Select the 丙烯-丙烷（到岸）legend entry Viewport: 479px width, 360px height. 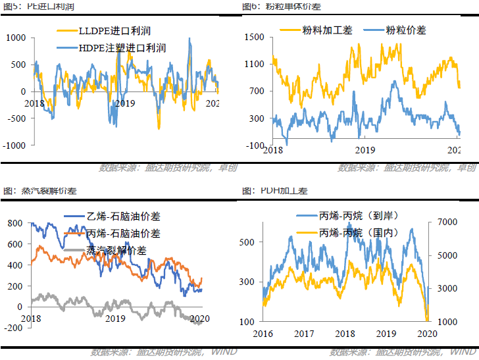359,216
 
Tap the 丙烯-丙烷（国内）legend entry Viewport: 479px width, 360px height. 359,233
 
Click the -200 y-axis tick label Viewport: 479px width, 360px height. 13,328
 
